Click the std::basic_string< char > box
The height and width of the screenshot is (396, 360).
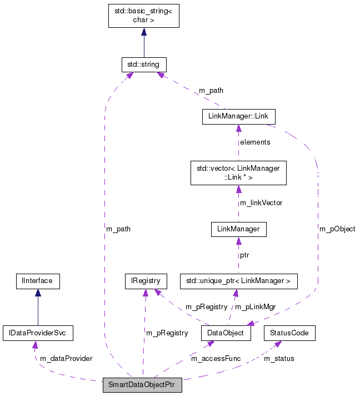143,16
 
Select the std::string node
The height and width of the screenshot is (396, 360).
144,65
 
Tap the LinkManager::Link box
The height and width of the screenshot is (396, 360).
238,116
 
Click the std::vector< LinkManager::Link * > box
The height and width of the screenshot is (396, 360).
238,172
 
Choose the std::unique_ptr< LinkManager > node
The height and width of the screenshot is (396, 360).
238,281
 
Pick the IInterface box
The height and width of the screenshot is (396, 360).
37,281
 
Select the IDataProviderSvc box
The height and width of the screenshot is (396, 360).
38,333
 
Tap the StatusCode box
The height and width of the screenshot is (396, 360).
289,333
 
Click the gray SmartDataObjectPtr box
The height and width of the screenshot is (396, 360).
142,385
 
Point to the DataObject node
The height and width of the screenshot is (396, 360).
226,333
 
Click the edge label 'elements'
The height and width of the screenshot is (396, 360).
255,142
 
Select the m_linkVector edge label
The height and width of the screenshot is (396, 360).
261,203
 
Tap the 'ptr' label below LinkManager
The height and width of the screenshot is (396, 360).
244,255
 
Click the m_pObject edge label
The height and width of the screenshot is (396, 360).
337,229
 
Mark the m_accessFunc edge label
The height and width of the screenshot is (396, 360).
216,359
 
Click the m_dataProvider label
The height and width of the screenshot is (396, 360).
66,359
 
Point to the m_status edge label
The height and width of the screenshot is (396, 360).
279,359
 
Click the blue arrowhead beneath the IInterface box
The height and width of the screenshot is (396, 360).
37,293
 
